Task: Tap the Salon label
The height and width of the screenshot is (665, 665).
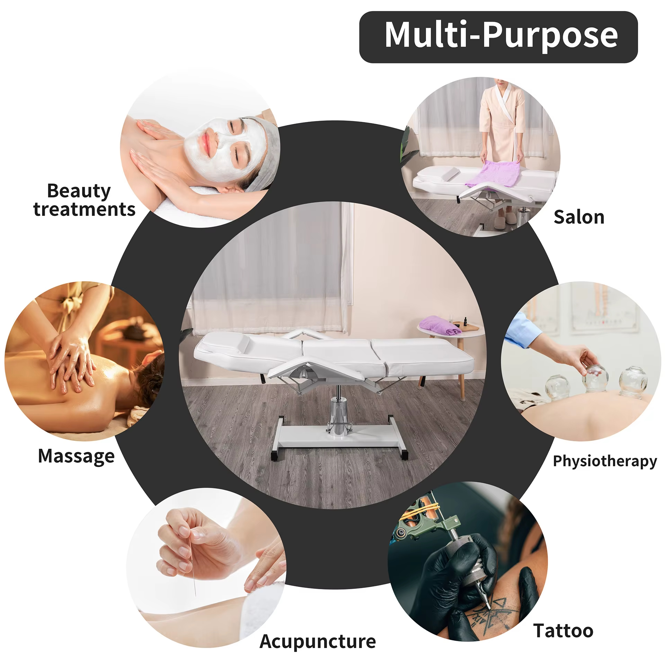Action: tap(579, 218)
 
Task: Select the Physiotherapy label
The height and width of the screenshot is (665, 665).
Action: tap(604, 461)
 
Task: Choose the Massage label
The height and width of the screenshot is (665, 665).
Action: tap(76, 456)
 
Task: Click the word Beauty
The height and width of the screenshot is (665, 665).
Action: tap(79, 191)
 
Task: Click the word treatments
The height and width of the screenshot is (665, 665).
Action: tap(84, 210)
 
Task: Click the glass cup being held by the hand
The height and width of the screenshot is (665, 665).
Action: tap(595, 378)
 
